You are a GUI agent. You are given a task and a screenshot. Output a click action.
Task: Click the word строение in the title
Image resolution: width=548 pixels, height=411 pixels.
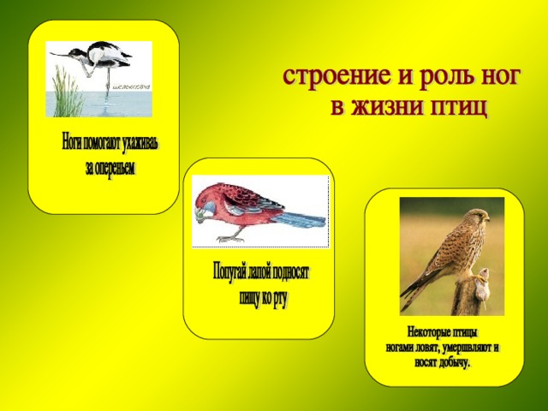pos(337,75)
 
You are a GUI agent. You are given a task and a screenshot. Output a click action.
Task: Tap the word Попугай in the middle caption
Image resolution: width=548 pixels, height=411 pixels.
pos(229,271)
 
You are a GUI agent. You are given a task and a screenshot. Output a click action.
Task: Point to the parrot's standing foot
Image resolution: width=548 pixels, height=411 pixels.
pos(230,239)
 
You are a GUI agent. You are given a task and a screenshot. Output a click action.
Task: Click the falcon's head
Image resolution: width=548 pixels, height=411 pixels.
pos(479,216)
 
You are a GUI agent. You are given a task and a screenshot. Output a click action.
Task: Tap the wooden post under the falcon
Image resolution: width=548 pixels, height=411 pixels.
pos(466,296)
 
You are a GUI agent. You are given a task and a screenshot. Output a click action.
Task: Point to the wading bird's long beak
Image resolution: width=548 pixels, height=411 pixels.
pos(59,55)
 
